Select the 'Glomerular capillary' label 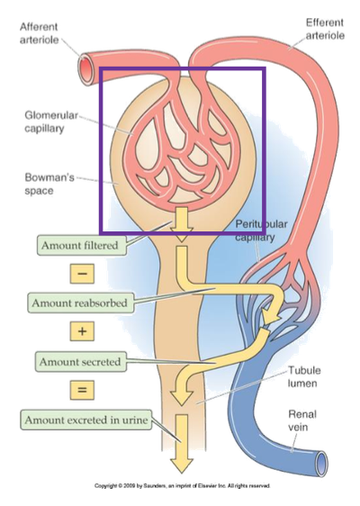(49, 122)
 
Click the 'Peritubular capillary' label (260, 230)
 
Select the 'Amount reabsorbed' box (80, 303)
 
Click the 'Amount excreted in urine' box (80, 420)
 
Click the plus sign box (82, 332)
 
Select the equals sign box (82, 391)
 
